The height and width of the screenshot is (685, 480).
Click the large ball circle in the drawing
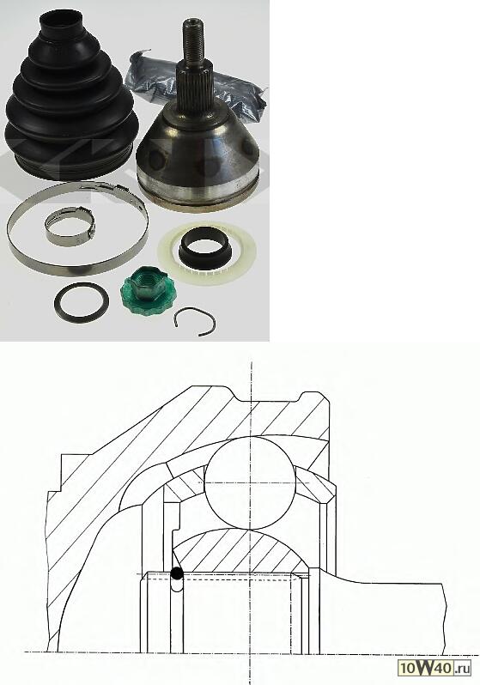(x=250, y=482)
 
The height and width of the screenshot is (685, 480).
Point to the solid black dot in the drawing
(x=177, y=573)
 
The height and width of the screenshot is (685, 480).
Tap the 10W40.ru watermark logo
(x=434, y=668)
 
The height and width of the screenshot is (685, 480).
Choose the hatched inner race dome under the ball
(x=240, y=551)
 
